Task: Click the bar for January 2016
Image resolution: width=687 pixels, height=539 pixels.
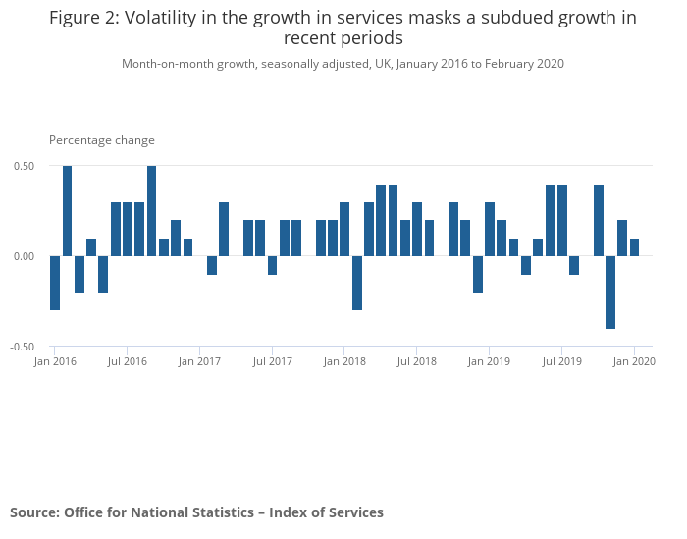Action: [x=55, y=283]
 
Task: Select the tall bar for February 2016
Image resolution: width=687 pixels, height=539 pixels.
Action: [x=67, y=211]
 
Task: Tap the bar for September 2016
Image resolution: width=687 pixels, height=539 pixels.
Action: [x=152, y=211]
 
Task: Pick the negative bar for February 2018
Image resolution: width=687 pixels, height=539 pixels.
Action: [x=357, y=283]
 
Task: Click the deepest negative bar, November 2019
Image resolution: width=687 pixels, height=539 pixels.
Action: [x=610, y=293]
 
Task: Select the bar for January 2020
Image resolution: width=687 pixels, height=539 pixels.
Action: [x=634, y=247]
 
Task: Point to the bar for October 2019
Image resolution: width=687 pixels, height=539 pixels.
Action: [x=599, y=220]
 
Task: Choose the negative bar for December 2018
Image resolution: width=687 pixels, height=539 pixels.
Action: [x=478, y=274]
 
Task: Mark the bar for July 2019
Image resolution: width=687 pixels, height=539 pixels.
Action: [x=562, y=220]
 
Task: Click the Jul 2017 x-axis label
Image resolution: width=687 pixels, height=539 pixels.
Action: [x=273, y=361]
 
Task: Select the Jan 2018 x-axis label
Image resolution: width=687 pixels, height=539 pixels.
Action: [x=344, y=361]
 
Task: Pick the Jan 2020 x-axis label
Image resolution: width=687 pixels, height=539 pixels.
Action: [x=634, y=361]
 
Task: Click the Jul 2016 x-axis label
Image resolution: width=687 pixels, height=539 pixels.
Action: [x=128, y=361]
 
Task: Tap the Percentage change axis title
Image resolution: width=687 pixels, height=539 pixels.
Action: [x=102, y=140]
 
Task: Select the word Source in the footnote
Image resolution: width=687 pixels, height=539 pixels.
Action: [x=34, y=512]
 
